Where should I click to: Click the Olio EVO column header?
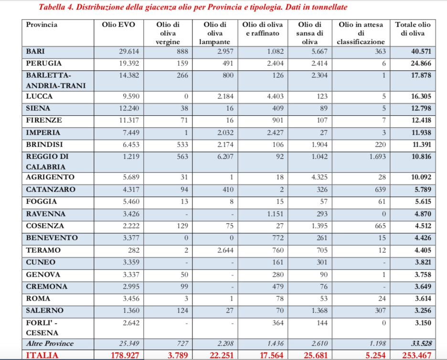click(x=119, y=25)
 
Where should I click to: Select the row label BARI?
click(x=35, y=51)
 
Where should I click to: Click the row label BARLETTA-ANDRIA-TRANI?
click(x=48, y=80)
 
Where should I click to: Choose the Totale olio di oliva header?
click(x=413, y=29)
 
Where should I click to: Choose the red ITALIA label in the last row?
click(x=43, y=355)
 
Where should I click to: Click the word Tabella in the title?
click(x=54, y=8)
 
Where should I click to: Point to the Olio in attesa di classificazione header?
click(x=361, y=33)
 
